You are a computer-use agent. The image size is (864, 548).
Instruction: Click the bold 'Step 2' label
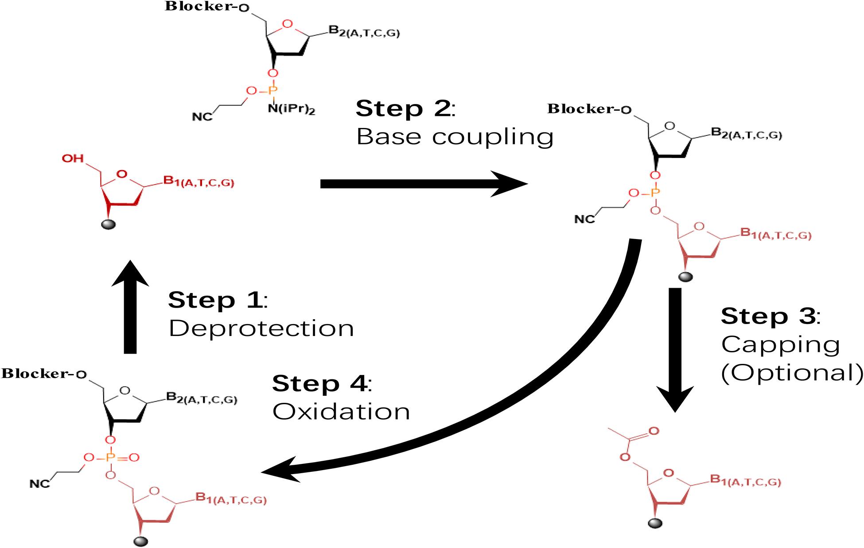coord(403,109)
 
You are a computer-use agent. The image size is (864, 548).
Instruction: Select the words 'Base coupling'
coord(455,137)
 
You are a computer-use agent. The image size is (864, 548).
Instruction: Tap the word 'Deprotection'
coord(261,328)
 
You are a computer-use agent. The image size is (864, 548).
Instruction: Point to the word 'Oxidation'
coord(341,412)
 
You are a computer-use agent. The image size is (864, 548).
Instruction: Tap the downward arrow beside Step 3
coord(675,350)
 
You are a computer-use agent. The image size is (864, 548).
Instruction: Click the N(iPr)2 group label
coord(291,109)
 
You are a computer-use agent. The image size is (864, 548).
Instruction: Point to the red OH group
coord(72,158)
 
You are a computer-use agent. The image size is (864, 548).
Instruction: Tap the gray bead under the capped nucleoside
coord(655,524)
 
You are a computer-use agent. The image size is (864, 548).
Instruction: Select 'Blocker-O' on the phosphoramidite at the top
coord(206,8)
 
